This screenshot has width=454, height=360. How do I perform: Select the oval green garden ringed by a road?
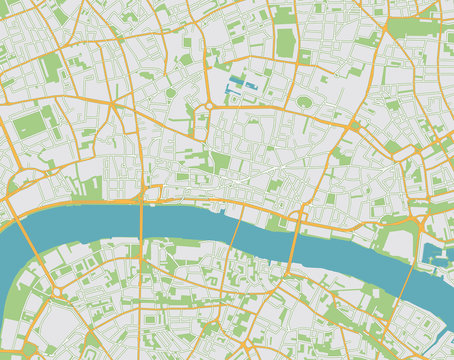click(304, 102)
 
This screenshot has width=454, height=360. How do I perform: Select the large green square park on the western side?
click(30, 125)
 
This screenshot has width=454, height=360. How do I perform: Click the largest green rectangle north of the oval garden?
click(286, 42)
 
